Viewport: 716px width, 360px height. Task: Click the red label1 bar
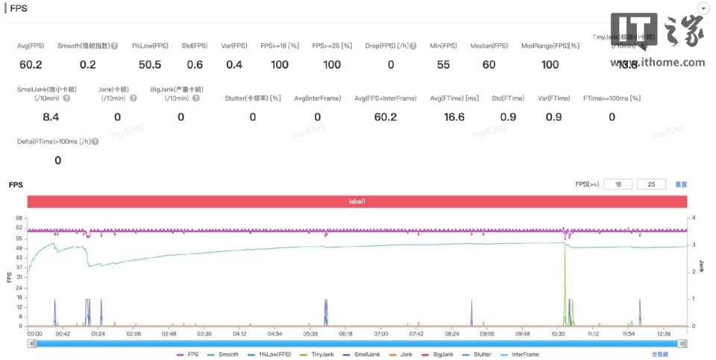357,202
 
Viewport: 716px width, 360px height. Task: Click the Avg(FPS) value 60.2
30,65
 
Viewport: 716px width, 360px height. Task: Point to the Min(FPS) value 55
443,65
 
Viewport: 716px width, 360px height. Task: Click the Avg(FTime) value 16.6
453,117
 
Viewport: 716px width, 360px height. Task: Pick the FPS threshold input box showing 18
618,184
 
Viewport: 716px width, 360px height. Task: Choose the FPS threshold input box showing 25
651,184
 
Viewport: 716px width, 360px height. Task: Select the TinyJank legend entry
318,354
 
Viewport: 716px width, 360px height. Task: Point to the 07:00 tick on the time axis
381,334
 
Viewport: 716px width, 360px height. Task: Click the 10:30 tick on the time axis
559,334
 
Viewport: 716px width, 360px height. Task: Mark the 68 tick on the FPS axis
19,218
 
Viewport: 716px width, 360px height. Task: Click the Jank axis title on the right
701,266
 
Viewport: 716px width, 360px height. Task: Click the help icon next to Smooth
114,46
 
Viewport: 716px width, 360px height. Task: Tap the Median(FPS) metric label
489,46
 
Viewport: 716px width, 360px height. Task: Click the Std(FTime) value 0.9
508,117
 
